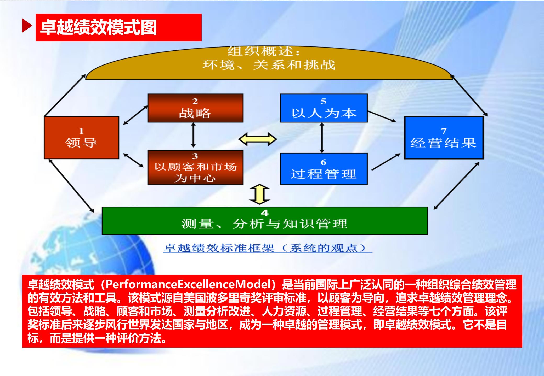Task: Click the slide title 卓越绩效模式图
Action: click(x=98, y=27)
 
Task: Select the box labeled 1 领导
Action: click(x=81, y=138)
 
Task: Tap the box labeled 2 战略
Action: click(x=195, y=108)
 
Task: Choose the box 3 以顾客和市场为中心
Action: click(x=195, y=168)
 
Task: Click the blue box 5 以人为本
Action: click(x=324, y=108)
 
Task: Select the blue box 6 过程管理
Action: click(x=324, y=169)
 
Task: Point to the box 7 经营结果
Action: click(x=444, y=138)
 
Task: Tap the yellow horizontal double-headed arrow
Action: click(x=258, y=139)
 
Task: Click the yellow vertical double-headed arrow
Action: click(x=259, y=195)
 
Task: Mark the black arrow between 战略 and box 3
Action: click(x=193, y=135)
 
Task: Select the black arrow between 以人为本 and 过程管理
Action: click(x=322, y=138)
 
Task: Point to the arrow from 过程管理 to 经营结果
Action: click(x=386, y=162)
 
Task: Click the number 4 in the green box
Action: click(x=265, y=213)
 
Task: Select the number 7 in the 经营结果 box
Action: click(x=444, y=131)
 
